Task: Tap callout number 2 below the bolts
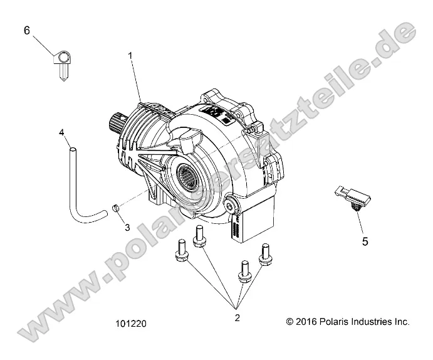tap(237, 318)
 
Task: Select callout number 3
tap(127, 227)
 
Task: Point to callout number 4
tap(61, 132)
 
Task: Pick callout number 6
tap(27, 30)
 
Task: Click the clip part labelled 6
tap(63, 63)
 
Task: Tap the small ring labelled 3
tap(116, 206)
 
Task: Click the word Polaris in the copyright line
tap(332, 321)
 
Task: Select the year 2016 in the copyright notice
tap(306, 321)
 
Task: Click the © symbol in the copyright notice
tap(290, 321)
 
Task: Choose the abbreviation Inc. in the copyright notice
tap(402, 321)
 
